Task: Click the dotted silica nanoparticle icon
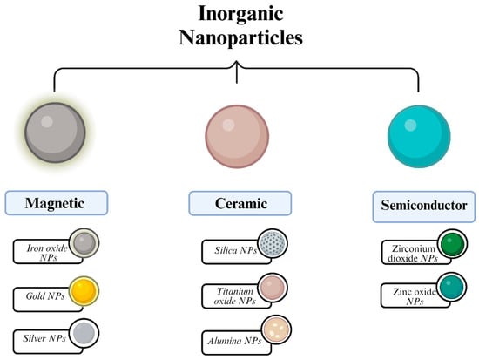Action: pos(272,245)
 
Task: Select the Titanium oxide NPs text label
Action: pos(229,295)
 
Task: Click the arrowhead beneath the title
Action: pos(238,76)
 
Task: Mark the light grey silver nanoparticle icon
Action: pos(84,333)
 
